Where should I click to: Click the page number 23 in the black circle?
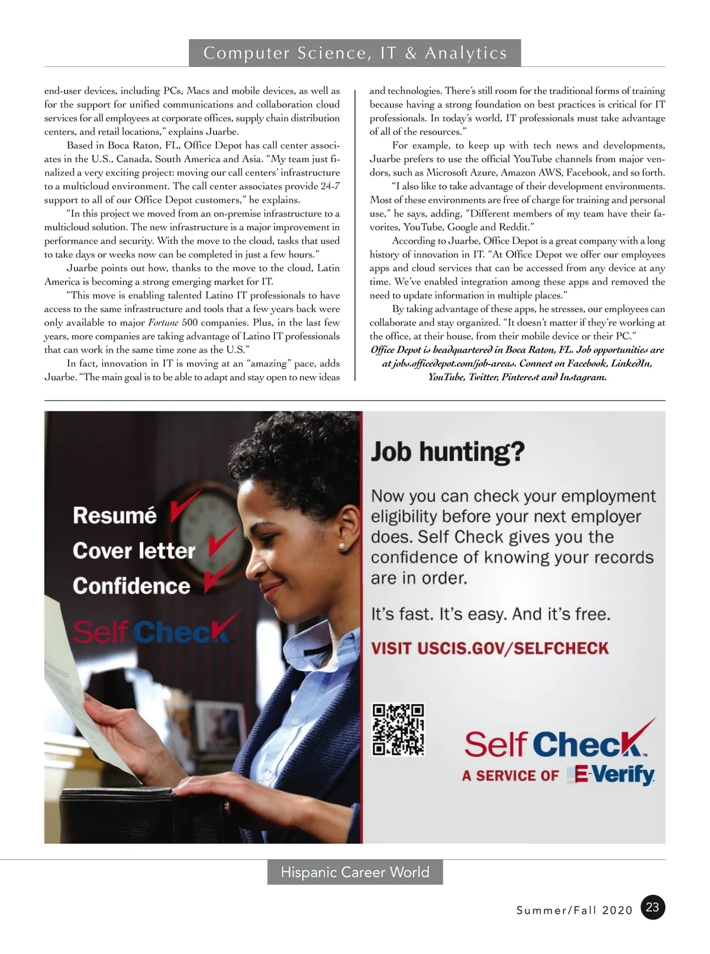(653, 907)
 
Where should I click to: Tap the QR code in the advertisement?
(398, 729)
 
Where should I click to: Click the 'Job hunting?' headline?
(447, 452)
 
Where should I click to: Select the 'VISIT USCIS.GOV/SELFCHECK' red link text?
(489, 648)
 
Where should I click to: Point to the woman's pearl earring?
(341, 546)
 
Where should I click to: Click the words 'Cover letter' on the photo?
(134, 551)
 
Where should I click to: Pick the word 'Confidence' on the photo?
(131, 586)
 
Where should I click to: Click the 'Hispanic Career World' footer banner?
(355, 872)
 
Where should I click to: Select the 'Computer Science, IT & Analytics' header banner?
(355, 53)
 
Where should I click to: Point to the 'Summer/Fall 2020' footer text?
(575, 910)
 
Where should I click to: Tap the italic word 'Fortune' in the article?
(163, 323)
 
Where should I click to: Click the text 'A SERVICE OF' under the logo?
(510, 775)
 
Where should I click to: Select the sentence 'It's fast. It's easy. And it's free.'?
(490, 614)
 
